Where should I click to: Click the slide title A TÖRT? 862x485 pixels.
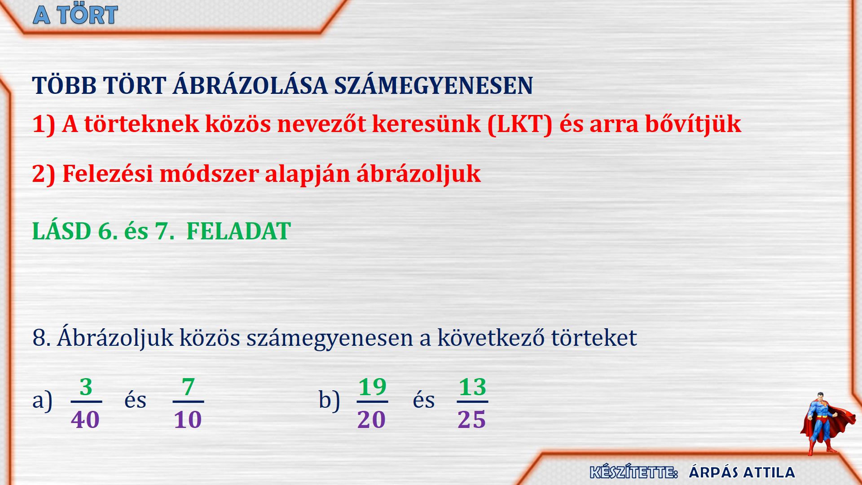pyautogui.click(x=75, y=15)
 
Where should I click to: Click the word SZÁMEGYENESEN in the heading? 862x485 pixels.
pyautogui.click(x=433, y=85)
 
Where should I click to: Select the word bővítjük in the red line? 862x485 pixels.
pyautogui.click(x=693, y=124)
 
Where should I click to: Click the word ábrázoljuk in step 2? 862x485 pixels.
pyautogui.click(x=418, y=174)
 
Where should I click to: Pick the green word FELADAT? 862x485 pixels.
pyautogui.click(x=238, y=231)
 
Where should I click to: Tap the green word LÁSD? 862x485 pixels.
pyautogui.click(x=62, y=231)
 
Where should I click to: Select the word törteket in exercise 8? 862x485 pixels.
pyautogui.click(x=594, y=338)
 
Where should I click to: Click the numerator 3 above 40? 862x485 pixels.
pyautogui.click(x=86, y=387)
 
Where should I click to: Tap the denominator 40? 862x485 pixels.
pyautogui.click(x=85, y=420)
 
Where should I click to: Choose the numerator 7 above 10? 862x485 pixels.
pyautogui.click(x=188, y=387)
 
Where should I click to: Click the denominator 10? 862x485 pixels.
pyautogui.click(x=188, y=420)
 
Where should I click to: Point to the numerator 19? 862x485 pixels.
pyautogui.click(x=372, y=387)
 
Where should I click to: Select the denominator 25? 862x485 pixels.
pyautogui.click(x=471, y=420)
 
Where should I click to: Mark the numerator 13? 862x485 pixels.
pyautogui.click(x=472, y=387)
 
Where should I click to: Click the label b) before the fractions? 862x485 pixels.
pyautogui.click(x=329, y=400)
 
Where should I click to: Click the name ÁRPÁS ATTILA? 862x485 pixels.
pyautogui.click(x=742, y=472)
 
